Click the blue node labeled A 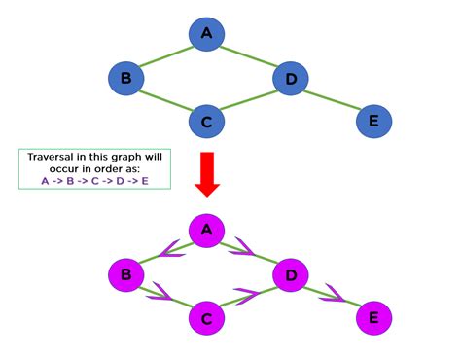(206, 34)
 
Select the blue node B (125, 78)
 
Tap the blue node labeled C (207, 122)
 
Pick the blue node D (290, 78)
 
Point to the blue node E (373, 122)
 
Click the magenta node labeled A (205, 231)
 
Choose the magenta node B (125, 274)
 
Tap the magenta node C (206, 317)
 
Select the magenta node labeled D (289, 274)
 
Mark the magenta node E (372, 317)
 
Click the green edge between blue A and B (166, 55)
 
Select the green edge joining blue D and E (332, 100)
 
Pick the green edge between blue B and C (166, 100)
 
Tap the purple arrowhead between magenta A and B (173, 251)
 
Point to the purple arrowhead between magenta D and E (337, 293)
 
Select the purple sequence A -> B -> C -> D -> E (94, 181)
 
